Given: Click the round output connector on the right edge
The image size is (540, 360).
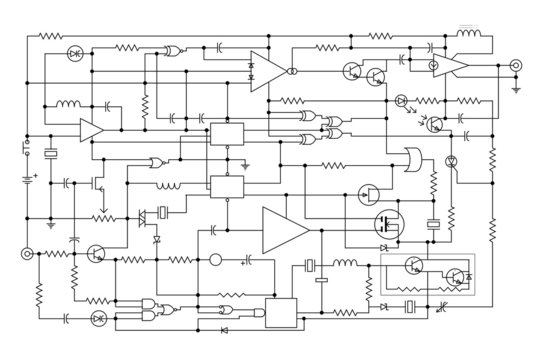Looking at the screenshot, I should point(516,66).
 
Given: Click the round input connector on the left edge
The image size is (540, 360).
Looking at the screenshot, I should point(26,254).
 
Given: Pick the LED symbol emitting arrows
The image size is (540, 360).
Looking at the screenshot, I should point(401,100).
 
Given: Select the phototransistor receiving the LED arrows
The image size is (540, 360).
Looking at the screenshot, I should point(436,124).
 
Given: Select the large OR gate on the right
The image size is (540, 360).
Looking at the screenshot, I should point(410,158).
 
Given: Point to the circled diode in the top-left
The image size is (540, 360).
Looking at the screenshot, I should point(74,52).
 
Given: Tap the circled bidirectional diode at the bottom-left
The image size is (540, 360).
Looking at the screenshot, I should point(98,318).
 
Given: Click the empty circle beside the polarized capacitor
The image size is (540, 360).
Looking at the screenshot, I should point(214,260).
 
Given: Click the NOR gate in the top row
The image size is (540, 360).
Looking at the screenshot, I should point(173,50).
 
